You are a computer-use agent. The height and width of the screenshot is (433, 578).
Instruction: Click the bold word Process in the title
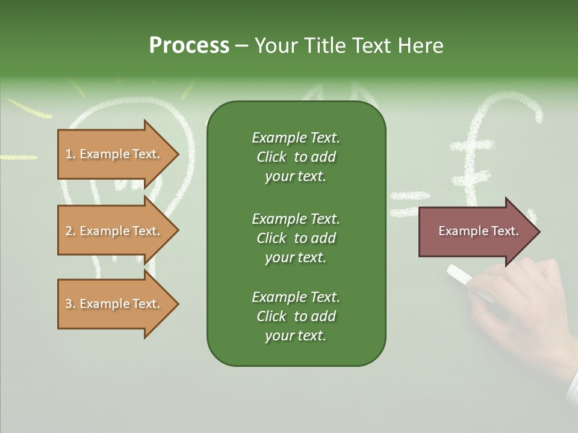coord(189,46)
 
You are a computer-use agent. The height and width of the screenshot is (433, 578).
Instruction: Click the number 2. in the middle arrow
coord(70,232)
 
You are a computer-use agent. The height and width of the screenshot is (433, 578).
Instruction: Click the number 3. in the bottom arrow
coord(70,304)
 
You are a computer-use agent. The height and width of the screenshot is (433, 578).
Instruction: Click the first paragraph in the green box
coord(296,157)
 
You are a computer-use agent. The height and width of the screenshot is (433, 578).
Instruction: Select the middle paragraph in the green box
coord(296,238)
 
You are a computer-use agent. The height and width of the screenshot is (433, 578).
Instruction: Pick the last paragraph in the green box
coord(296,316)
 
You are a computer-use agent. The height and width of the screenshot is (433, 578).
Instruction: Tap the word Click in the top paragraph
coord(272,158)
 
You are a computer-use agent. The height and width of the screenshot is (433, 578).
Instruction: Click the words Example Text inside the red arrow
coord(478,232)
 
